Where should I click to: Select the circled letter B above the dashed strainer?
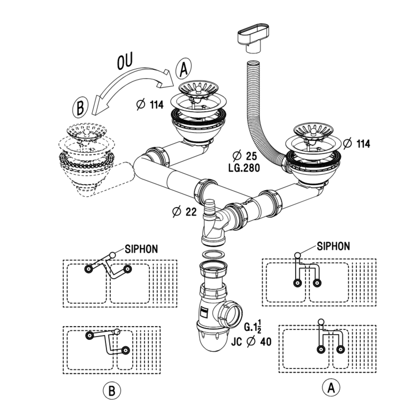tap(81, 107)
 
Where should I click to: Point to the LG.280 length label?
tap(244, 168)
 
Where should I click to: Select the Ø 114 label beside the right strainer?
tap(356, 144)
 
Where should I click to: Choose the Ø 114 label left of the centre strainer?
tap(150, 105)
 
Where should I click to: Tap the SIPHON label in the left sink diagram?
tap(141, 249)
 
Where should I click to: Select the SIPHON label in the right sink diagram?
tap(333, 246)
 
